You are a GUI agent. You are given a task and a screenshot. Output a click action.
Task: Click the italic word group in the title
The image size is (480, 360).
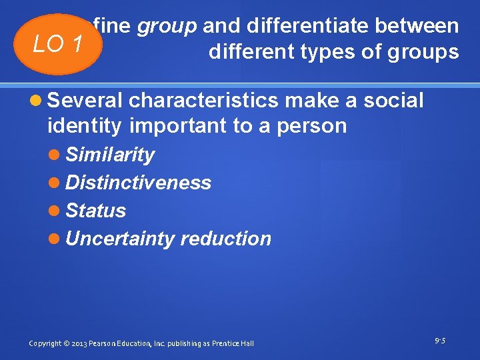[x=167, y=26]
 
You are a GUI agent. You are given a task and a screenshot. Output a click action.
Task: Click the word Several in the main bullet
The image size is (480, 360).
[x=85, y=101]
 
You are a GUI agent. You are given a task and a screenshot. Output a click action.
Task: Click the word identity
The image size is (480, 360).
[x=85, y=125]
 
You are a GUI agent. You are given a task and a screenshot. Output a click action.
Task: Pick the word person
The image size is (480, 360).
[x=313, y=125]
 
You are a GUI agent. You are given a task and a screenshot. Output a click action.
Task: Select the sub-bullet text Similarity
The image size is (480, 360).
[x=110, y=155]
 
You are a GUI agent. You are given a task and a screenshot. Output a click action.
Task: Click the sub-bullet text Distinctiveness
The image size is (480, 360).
[x=138, y=183]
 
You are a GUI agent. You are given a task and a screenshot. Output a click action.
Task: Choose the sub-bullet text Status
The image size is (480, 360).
[x=96, y=211]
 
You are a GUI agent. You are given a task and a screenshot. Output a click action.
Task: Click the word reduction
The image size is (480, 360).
[x=226, y=239]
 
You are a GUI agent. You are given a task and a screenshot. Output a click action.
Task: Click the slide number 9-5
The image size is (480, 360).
[x=440, y=341]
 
